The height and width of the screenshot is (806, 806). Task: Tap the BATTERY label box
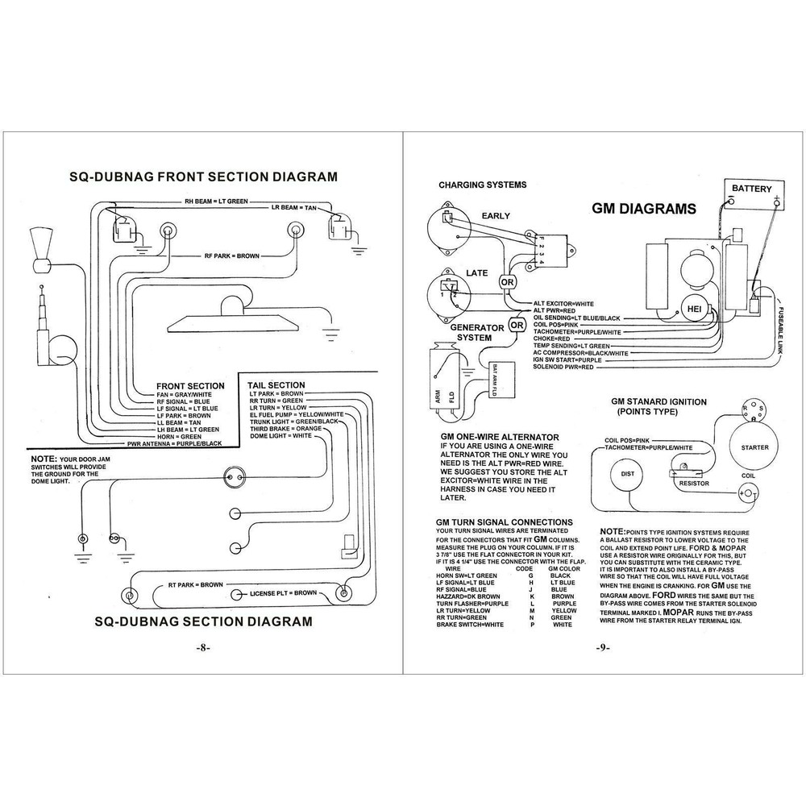tap(751, 189)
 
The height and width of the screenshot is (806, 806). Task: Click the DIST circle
tap(626, 473)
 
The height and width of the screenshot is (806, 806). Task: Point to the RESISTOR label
tap(694, 484)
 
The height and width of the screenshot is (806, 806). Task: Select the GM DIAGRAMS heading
tap(644, 209)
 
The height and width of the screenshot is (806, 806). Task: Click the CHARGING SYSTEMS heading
tap(482, 185)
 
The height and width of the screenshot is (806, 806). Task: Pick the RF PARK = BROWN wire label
tap(231, 256)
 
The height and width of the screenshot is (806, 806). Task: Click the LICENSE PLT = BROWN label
tap(283, 593)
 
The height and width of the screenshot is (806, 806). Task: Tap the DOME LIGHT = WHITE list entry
tap(280, 436)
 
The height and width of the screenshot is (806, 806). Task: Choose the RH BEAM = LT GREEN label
tap(216, 200)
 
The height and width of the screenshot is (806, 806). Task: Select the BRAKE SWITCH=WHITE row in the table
tap(469, 625)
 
